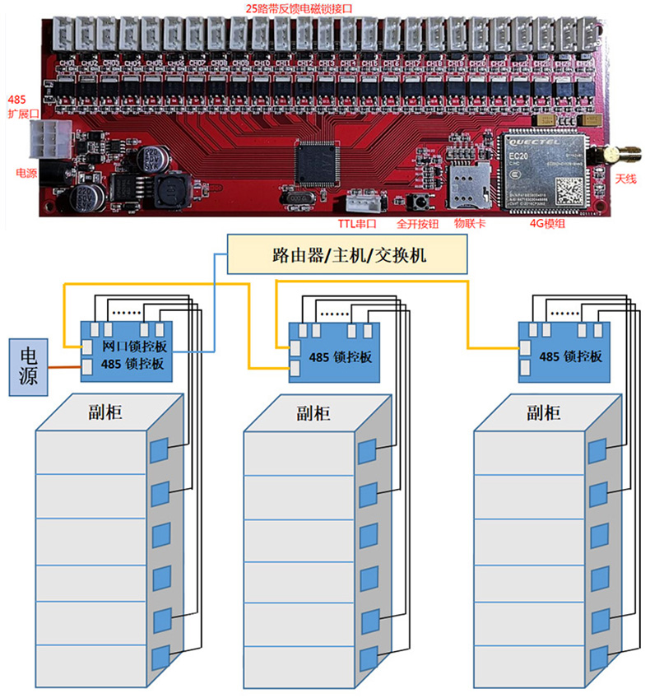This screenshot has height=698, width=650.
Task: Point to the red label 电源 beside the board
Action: pyautogui.click(x=26, y=173)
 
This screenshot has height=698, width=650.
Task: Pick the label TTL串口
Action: pyautogui.click(x=358, y=222)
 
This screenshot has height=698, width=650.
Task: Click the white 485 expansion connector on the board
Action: pyautogui.click(x=47, y=140)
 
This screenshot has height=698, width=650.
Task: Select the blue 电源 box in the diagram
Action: pyautogui.click(x=28, y=367)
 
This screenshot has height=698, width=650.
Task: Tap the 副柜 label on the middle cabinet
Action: pyautogui.click(x=317, y=413)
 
